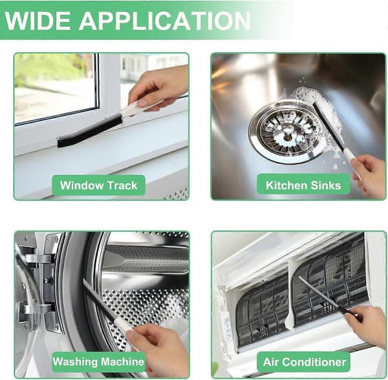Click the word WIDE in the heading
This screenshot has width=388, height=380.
38,21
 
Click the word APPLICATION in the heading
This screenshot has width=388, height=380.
165,21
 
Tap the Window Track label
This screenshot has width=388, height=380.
98,185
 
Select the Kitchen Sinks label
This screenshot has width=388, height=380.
303,185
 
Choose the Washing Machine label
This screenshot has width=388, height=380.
98,362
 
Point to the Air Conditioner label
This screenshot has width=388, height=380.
305,362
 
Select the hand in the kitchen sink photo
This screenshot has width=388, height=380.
369,175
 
